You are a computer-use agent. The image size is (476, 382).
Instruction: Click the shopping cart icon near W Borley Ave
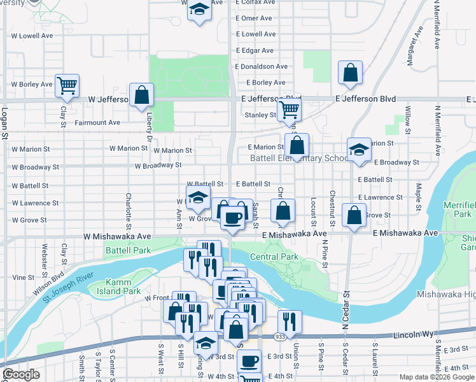(67, 85)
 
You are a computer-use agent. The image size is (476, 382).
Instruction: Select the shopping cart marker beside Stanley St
(290, 110)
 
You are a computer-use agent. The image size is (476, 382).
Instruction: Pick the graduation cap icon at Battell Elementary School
(359, 150)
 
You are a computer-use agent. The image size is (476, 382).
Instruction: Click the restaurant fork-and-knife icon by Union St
(290, 322)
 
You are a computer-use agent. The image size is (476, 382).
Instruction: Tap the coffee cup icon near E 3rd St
(249, 361)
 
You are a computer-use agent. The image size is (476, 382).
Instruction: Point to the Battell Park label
(129, 250)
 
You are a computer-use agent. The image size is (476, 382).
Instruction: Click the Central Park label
(274, 257)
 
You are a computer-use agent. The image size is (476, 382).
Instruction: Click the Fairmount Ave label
(97, 122)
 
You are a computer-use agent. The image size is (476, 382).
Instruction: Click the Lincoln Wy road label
(412, 334)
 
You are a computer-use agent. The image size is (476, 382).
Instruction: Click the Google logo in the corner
(21, 374)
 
